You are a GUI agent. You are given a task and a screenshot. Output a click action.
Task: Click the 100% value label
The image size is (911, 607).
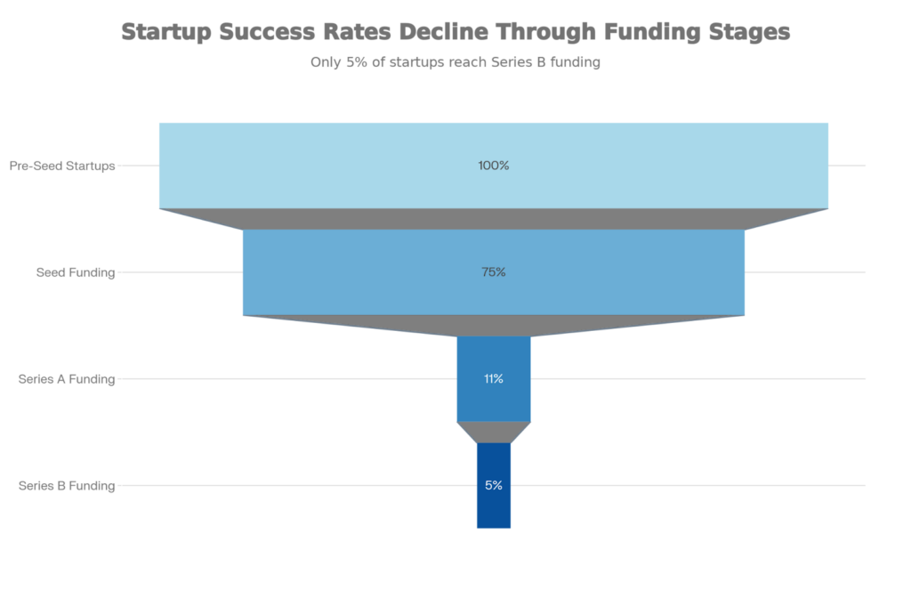click(x=493, y=166)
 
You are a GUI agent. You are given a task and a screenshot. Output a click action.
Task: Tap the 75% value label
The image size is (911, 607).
click(x=493, y=272)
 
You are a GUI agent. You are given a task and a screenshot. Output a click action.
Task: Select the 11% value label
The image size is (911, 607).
click(x=493, y=379)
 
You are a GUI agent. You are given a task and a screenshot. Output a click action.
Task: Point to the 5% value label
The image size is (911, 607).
click(x=493, y=486)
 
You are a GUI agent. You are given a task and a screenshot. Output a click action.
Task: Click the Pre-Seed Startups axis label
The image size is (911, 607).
click(x=62, y=166)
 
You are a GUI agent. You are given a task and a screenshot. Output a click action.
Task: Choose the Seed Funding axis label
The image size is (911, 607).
click(x=76, y=272)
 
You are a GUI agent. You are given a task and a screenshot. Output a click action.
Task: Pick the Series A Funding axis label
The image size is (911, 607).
click(x=67, y=379)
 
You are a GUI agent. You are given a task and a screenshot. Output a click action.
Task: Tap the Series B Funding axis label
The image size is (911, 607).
click(x=67, y=486)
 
